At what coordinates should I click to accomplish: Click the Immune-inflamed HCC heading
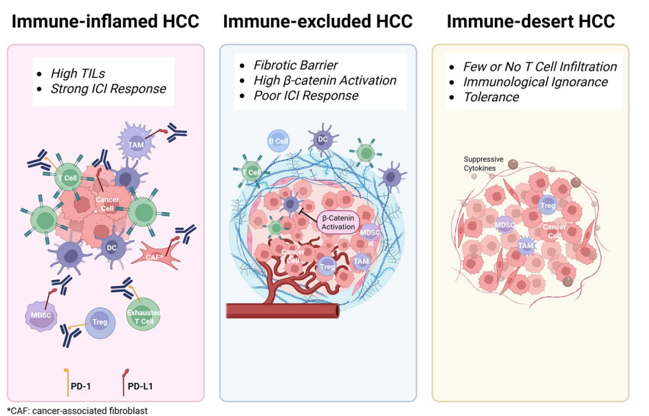click(x=105, y=22)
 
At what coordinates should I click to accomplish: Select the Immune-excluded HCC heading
click(x=318, y=22)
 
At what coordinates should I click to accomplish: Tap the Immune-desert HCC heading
click(x=530, y=22)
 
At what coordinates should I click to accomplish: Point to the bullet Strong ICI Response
click(x=109, y=89)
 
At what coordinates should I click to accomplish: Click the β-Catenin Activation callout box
click(x=338, y=221)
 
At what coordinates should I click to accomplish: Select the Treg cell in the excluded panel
click(x=328, y=265)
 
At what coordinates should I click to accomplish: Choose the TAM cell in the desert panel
click(x=525, y=245)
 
